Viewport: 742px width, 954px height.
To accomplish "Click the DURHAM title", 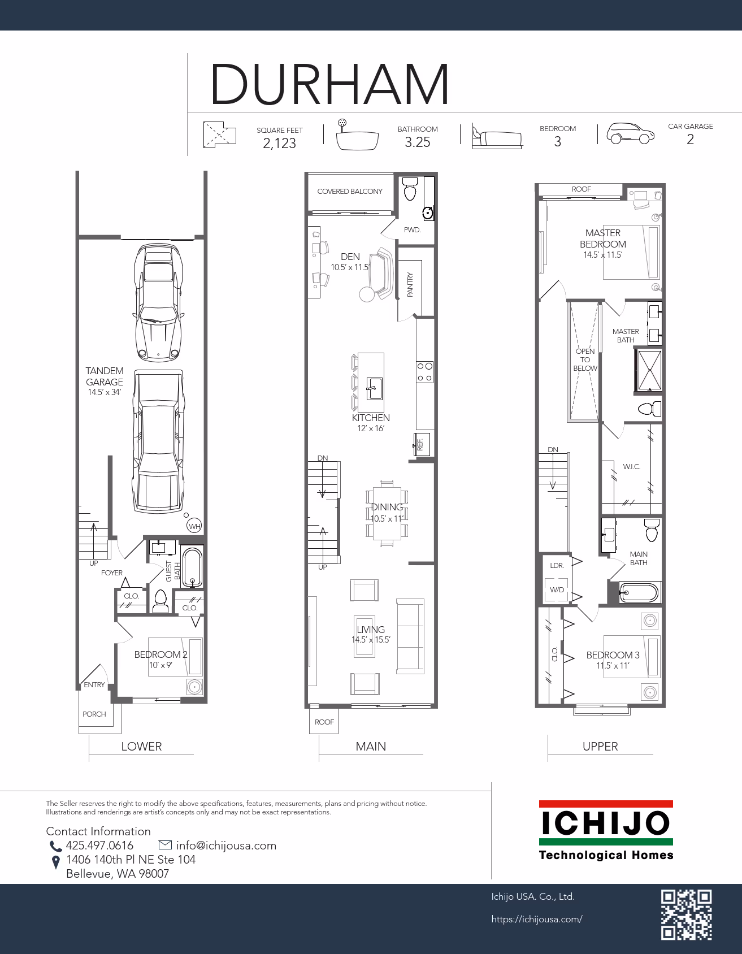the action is (329, 84).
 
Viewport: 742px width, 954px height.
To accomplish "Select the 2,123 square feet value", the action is (279, 144).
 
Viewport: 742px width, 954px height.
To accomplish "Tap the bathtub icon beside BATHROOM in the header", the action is (357, 136).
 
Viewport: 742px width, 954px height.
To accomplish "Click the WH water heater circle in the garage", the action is (194, 526).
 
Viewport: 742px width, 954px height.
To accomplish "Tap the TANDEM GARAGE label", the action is (105, 376).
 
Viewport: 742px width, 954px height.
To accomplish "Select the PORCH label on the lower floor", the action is (94, 714).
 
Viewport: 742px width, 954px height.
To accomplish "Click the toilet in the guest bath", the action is (160, 601).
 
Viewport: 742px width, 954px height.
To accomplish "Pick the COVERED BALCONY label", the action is (350, 192).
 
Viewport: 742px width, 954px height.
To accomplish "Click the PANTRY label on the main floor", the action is (410, 284).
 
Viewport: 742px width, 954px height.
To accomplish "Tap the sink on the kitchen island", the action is (375, 388).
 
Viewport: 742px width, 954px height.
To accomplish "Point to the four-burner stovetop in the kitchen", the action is (425, 372).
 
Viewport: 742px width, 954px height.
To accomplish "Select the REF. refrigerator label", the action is (420, 444).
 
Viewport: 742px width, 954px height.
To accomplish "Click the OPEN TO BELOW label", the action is (585, 359).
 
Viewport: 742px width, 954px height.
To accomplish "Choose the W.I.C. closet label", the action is (631, 467).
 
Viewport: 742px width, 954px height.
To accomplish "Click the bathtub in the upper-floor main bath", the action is (639, 592).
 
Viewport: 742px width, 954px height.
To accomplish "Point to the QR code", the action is (686, 914).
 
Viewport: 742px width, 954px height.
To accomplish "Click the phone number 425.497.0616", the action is (99, 845).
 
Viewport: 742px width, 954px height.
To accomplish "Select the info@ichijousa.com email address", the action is (226, 845).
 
